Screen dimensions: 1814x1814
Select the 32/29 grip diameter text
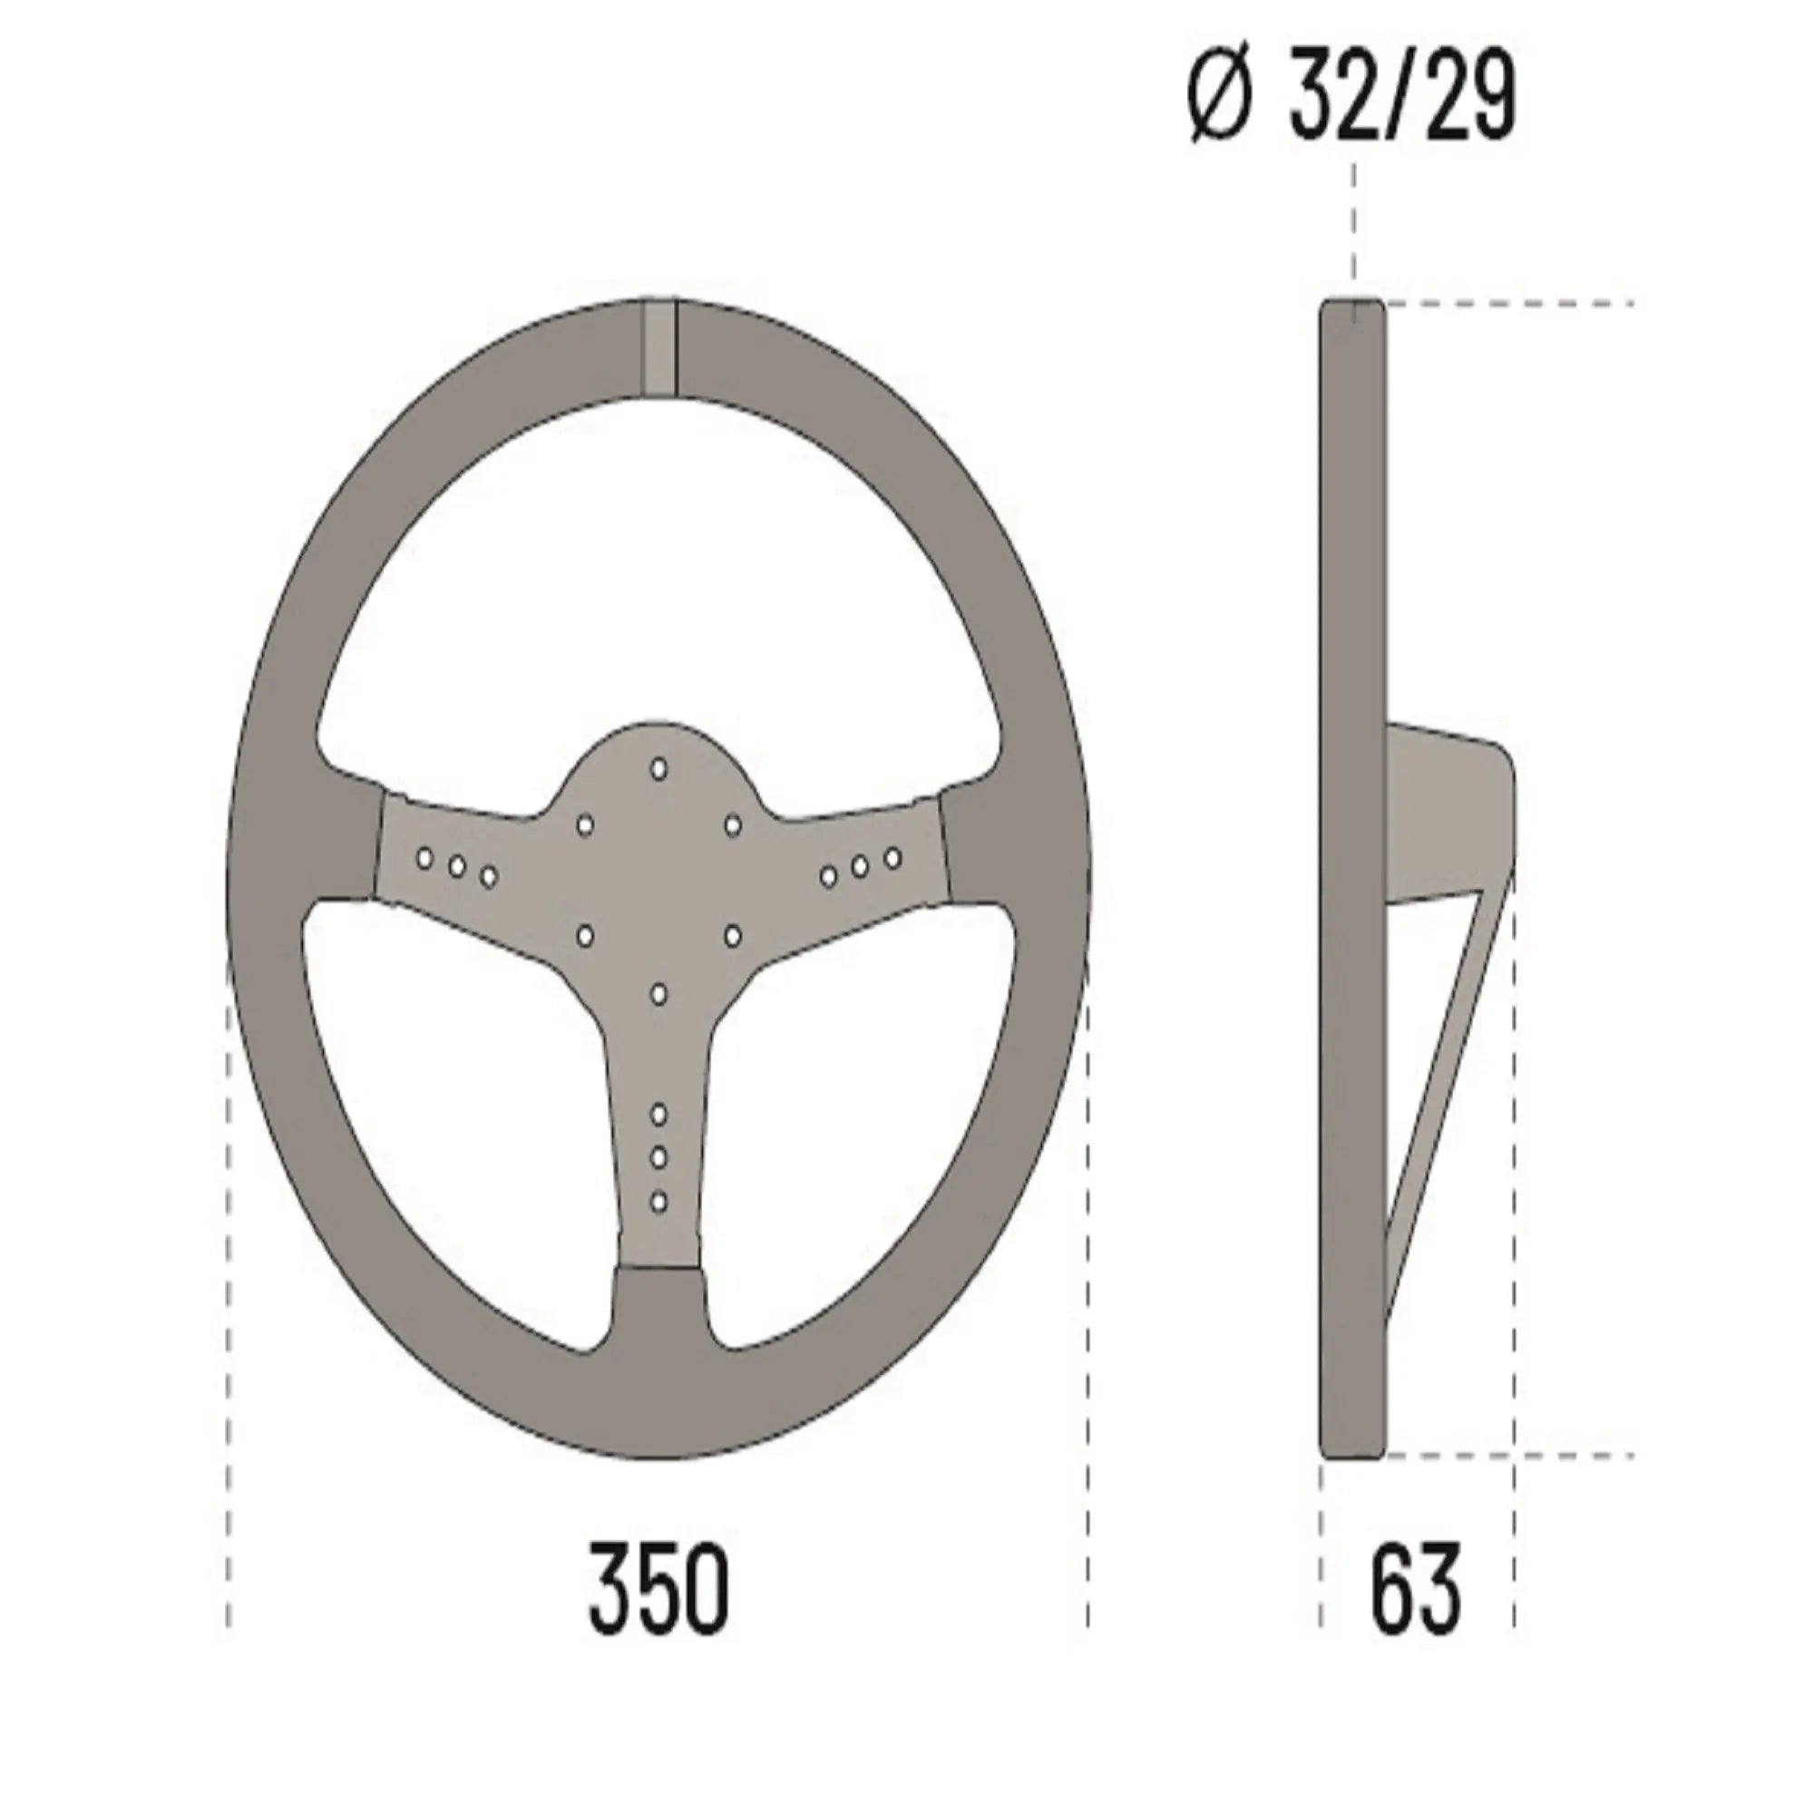pos(1403,99)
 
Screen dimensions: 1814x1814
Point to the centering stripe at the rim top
pos(658,346)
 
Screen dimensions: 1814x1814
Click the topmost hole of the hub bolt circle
pos(658,768)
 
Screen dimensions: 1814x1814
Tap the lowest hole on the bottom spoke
pos(658,1201)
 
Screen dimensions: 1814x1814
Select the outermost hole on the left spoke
pos(424,857)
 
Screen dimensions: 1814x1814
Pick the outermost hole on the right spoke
pos(892,857)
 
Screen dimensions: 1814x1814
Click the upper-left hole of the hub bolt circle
pos(584,824)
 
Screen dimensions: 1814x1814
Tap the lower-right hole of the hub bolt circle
pos(732,935)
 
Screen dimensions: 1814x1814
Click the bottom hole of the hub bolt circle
pos(658,992)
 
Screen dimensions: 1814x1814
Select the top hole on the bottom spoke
pos(658,1114)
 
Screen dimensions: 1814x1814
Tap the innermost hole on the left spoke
pos(487,877)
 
